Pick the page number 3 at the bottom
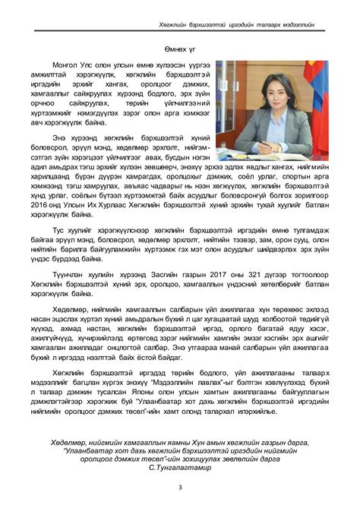(x=179, y=487)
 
